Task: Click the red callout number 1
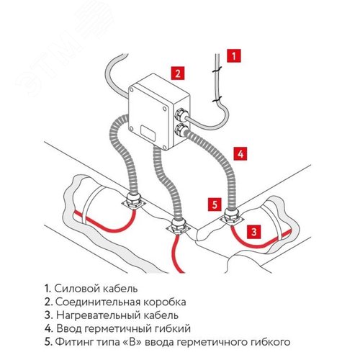click(x=234, y=56)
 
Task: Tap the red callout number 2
click(x=178, y=73)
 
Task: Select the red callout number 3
click(x=254, y=232)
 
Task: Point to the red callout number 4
click(x=240, y=153)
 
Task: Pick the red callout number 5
click(x=215, y=204)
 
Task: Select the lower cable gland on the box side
click(x=180, y=130)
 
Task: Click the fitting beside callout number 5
click(x=231, y=217)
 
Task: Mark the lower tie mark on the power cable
click(x=217, y=99)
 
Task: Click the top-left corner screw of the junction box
click(x=131, y=90)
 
